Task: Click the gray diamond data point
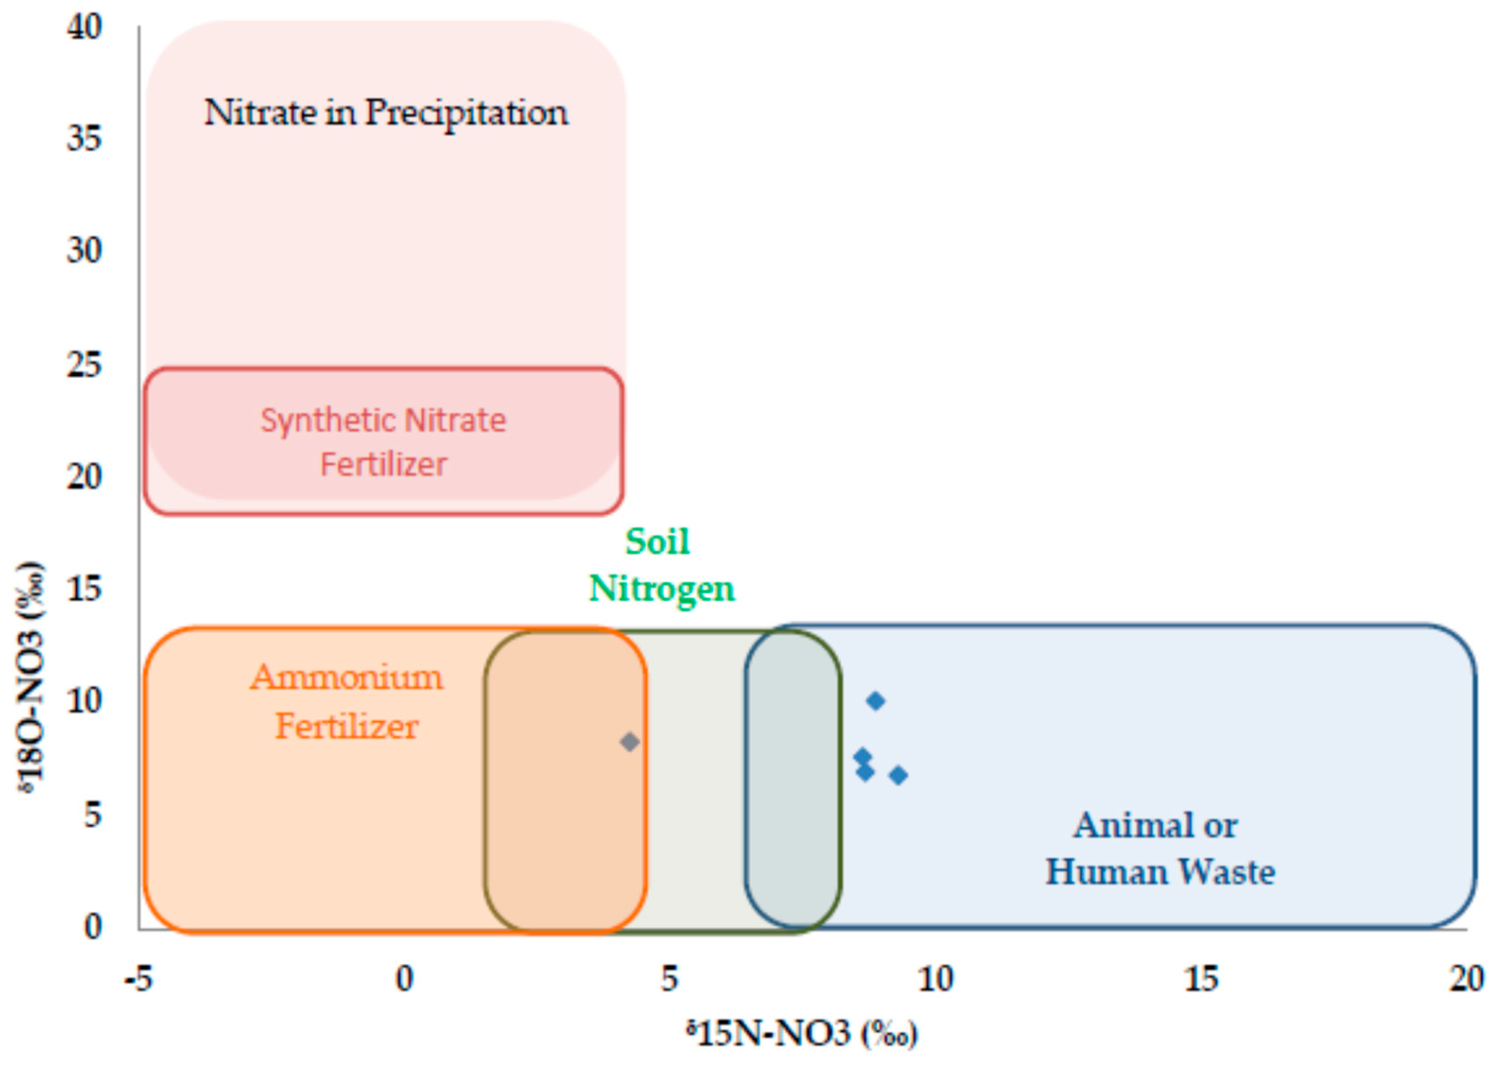pyautogui.click(x=629, y=742)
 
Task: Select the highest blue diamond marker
pyautogui.click(x=875, y=701)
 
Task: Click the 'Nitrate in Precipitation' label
pyautogui.click(x=386, y=113)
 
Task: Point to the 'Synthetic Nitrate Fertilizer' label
pyautogui.click(x=384, y=442)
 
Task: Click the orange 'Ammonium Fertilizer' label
pyautogui.click(x=346, y=702)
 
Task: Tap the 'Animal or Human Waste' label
pyautogui.click(x=1159, y=848)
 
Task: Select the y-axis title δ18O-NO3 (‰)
pyautogui.click(x=32, y=677)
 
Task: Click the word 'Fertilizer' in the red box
pyautogui.click(x=384, y=464)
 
